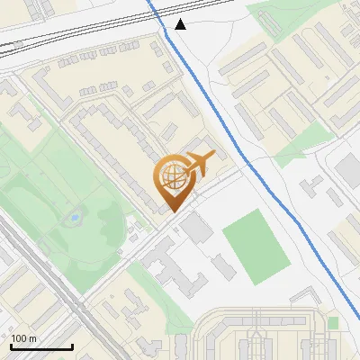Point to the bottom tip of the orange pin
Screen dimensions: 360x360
171,211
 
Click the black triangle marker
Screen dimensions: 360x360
181,24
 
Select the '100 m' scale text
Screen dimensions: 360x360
24,338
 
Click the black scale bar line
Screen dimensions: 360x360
41,346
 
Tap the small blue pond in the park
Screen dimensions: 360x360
74,218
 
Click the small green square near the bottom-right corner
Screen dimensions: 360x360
333,322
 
